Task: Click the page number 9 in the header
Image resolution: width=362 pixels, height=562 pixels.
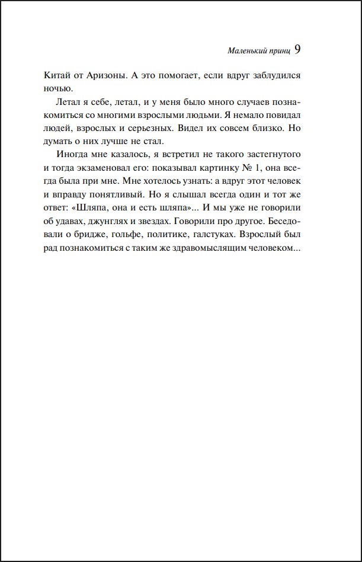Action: point(297,50)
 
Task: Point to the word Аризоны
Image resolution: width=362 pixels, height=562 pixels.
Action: point(111,76)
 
